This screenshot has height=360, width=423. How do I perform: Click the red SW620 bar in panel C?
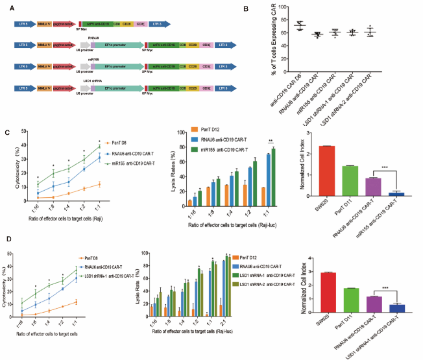pos(328,171)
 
